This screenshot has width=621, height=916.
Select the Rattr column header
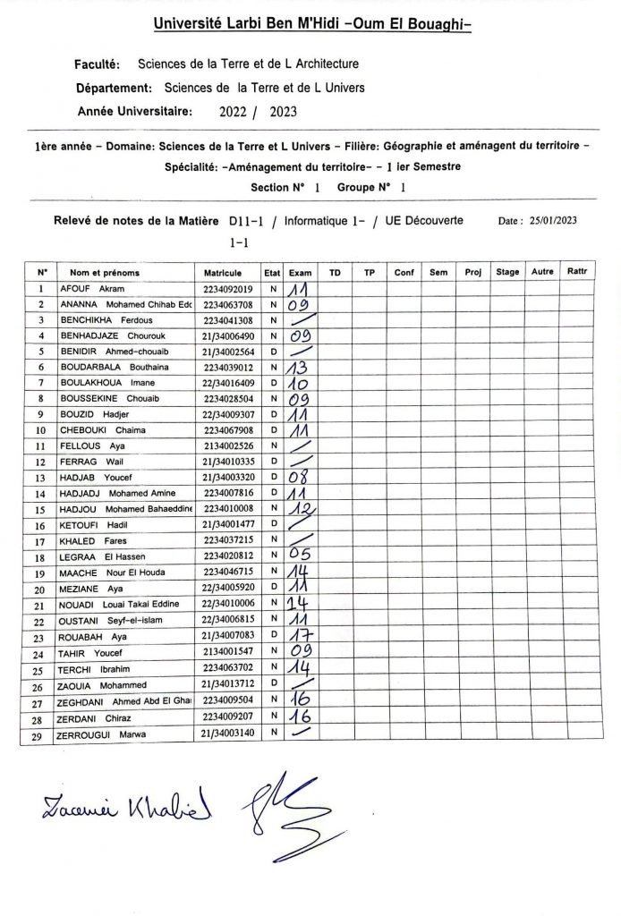pyautogui.click(x=576, y=271)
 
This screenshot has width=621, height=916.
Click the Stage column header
pyautogui.click(x=507, y=272)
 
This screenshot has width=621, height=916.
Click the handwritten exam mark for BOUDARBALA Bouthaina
pyautogui.click(x=299, y=368)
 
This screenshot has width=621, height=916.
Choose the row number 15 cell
pyautogui.click(x=41, y=509)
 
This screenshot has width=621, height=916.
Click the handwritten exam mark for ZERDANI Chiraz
pyautogui.click(x=299, y=718)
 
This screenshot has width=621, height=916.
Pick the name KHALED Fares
pyautogui.click(x=98, y=540)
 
